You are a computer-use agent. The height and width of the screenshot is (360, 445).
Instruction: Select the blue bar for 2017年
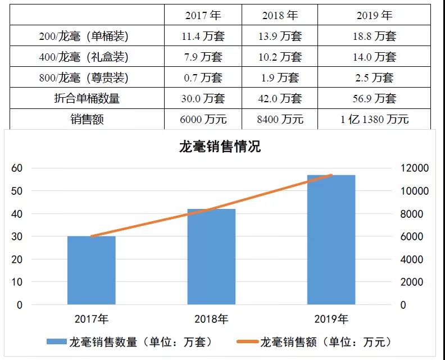click(x=91, y=270)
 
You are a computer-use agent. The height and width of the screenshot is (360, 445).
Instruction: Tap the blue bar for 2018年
click(x=211, y=257)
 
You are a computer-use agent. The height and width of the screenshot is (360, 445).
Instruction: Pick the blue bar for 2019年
click(x=332, y=240)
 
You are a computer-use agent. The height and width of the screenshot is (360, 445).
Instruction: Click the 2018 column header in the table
click(x=280, y=15)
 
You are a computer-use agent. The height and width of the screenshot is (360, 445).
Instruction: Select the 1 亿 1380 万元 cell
click(x=374, y=119)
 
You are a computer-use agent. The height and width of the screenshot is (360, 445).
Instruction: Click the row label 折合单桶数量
click(x=87, y=98)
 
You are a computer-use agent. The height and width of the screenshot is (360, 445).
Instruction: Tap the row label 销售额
click(x=87, y=119)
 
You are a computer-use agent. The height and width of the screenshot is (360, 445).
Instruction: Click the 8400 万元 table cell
click(x=280, y=119)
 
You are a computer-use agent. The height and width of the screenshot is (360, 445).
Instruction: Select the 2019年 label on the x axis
click(x=332, y=320)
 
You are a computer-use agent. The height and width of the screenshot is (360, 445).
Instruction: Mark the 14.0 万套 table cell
click(x=374, y=57)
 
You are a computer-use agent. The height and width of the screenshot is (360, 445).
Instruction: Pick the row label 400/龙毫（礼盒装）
click(x=87, y=57)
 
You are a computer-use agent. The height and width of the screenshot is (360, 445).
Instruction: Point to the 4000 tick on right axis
click(x=415, y=259)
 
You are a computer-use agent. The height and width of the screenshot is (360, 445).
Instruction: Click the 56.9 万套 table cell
click(x=374, y=98)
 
